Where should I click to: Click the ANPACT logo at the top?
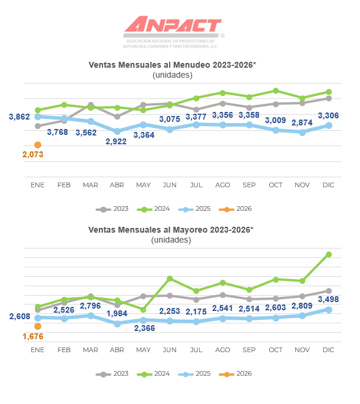tap(173, 27)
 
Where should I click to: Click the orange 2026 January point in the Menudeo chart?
tap(38, 145)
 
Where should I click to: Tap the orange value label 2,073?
tap(34, 155)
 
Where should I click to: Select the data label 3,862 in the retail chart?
tap(19, 117)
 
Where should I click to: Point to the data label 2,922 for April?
tap(117, 141)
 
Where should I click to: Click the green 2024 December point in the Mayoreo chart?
tap(329, 254)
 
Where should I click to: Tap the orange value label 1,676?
tap(34, 337)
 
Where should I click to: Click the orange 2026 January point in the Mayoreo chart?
tap(38, 326)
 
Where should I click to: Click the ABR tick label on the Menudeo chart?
tap(117, 185)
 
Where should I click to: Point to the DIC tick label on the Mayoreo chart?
tap(328, 350)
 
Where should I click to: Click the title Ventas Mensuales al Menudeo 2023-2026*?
tap(172, 65)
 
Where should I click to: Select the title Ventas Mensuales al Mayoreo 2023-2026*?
tap(171, 230)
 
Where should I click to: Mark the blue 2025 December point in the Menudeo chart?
tap(329, 125)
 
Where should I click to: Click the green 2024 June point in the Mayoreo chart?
tap(170, 278)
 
